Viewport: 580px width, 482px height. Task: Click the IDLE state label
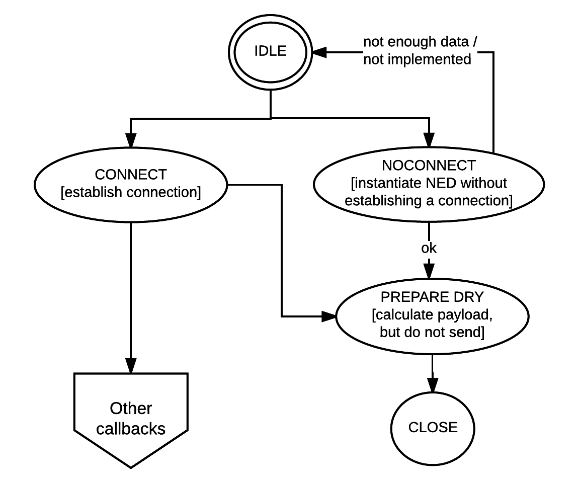pos(271,51)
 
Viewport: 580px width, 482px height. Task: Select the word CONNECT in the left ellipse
pos(130,175)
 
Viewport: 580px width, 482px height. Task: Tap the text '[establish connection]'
pos(130,193)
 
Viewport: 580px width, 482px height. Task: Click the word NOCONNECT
pos(429,166)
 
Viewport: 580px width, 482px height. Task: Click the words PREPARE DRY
pos(432,297)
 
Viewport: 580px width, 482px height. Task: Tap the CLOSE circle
pos(433,428)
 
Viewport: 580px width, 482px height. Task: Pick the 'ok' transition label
pos(429,248)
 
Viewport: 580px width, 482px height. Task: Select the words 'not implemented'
pos(417,59)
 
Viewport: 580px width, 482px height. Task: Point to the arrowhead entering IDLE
pos(320,51)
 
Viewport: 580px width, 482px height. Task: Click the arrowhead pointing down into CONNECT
pos(131,139)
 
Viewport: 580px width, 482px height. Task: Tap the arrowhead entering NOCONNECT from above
pos(429,139)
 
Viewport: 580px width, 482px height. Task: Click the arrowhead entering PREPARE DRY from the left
pos(329,316)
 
